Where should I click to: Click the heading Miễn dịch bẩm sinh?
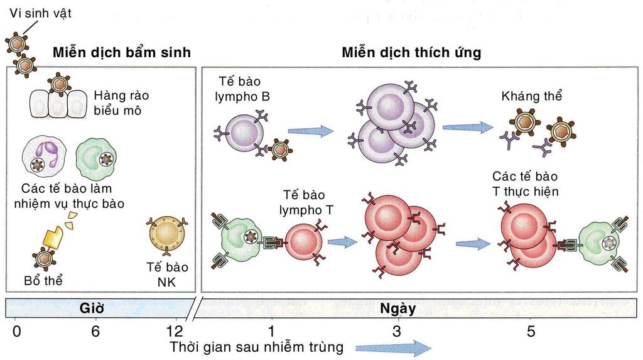click(x=121, y=52)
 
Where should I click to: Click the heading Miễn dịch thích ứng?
click(x=411, y=52)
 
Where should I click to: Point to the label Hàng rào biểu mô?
click(x=121, y=102)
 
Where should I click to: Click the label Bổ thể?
click(x=43, y=280)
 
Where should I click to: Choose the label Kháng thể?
click(x=531, y=96)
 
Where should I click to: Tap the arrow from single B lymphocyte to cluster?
click(x=310, y=131)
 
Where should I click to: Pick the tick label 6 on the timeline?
click(x=95, y=331)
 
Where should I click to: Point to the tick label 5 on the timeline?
click(x=531, y=331)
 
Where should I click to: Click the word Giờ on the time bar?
click(x=92, y=308)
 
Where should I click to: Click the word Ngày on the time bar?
click(x=397, y=308)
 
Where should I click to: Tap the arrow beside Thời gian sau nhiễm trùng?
click(x=393, y=347)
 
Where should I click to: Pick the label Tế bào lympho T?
click(x=303, y=202)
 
